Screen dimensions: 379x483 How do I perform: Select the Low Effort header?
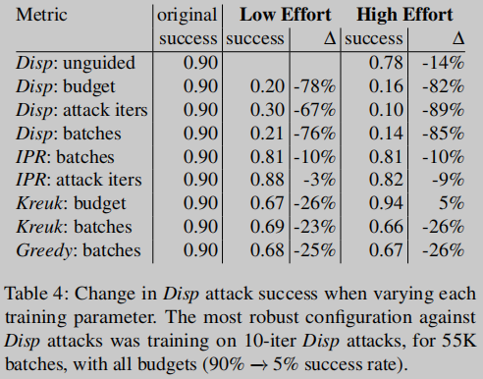[276, 15]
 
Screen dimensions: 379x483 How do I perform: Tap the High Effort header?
[405, 15]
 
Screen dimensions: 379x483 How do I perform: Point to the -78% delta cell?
[312, 86]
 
